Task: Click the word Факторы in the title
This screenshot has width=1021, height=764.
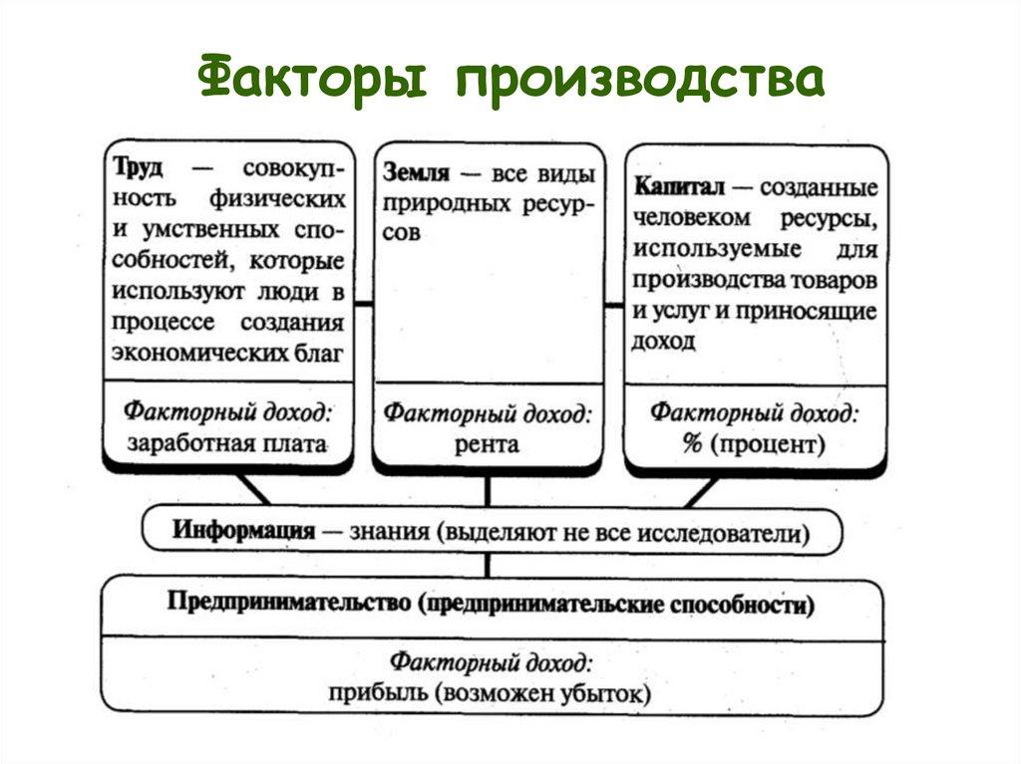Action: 315,79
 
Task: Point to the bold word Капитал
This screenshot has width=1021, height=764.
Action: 678,186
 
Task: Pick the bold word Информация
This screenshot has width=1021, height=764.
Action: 244,529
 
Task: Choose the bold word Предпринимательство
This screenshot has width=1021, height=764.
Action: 289,603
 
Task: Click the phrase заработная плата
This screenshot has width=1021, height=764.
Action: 227,444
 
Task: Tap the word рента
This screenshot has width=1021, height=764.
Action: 488,444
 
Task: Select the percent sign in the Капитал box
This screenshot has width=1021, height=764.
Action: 692,444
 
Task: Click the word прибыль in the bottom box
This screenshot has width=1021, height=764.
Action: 370,692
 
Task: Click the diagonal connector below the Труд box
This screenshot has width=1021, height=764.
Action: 253,488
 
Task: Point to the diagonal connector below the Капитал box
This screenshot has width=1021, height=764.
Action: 701,491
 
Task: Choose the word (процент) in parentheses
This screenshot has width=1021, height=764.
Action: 767,444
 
